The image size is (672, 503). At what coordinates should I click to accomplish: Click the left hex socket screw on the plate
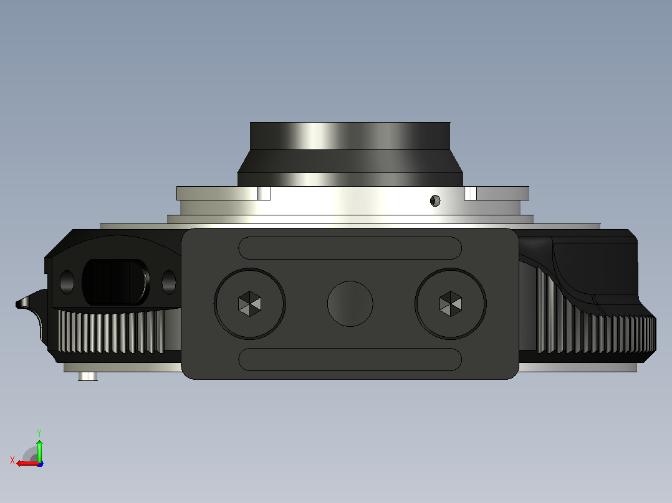tap(249, 304)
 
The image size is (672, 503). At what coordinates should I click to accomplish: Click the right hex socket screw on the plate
tap(451, 304)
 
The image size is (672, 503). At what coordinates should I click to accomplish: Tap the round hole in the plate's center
tap(350, 304)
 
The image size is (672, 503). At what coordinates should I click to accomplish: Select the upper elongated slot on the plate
tap(350, 248)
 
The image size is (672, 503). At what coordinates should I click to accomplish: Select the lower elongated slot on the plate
tap(350, 359)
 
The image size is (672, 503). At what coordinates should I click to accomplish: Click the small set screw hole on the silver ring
tap(435, 200)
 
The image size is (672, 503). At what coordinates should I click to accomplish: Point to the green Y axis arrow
tap(39, 449)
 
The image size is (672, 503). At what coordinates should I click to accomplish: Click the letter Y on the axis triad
tap(39, 433)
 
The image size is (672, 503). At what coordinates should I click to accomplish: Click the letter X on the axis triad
tap(12, 460)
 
